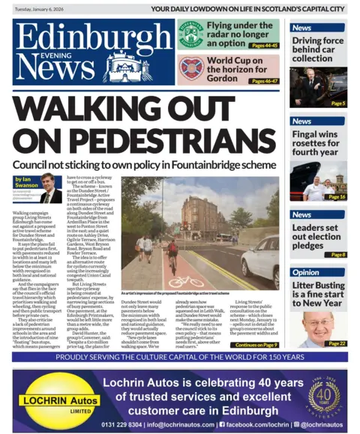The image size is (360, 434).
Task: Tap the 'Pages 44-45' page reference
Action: point(263,46)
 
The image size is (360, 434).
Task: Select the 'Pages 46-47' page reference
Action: point(263,81)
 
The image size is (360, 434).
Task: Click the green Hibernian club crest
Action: point(191,34)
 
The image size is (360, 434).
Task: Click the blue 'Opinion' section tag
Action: point(306,273)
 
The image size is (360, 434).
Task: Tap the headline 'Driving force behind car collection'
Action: point(317,49)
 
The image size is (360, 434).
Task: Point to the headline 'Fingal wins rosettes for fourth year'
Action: point(318,144)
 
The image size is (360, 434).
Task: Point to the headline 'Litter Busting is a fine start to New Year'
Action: point(318,293)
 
